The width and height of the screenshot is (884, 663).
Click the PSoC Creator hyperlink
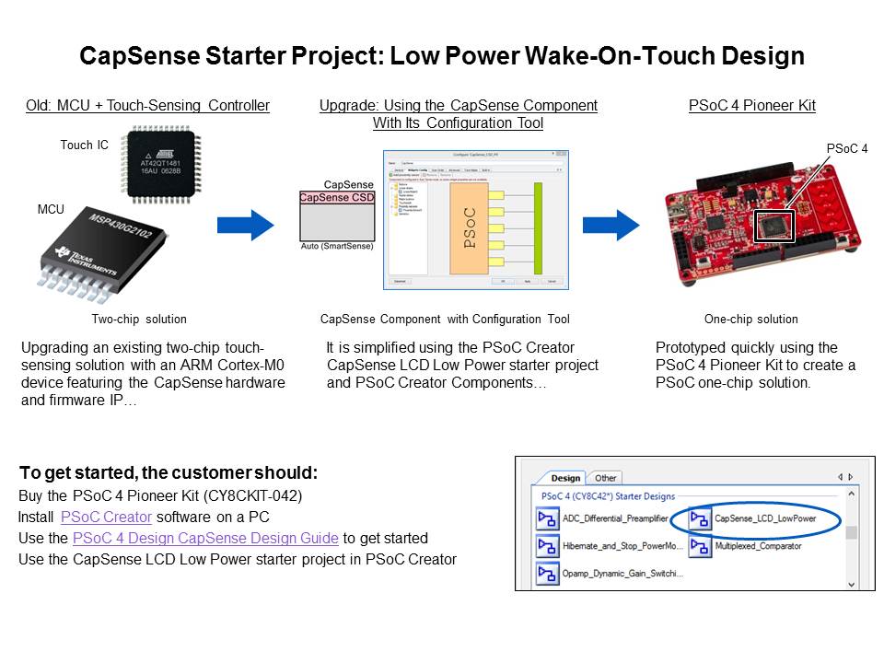click(x=106, y=518)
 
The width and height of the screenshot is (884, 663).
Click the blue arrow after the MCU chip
click(x=245, y=224)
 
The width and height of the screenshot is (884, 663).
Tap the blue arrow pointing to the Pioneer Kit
click(x=611, y=224)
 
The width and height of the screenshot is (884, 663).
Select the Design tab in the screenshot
click(x=565, y=478)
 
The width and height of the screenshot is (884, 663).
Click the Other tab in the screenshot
click(x=605, y=478)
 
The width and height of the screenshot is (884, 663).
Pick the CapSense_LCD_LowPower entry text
click(x=764, y=519)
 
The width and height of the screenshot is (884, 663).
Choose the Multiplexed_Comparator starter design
click(x=758, y=547)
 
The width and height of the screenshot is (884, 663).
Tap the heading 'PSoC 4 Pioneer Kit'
click(x=751, y=106)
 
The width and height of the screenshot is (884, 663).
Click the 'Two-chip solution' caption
click(x=139, y=320)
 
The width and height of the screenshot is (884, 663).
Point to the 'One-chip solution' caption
click(x=751, y=320)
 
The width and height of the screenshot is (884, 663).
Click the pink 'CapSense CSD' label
click(x=336, y=197)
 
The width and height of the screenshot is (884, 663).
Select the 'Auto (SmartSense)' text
click(x=337, y=247)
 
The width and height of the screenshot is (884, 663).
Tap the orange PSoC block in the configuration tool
click(x=470, y=227)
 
